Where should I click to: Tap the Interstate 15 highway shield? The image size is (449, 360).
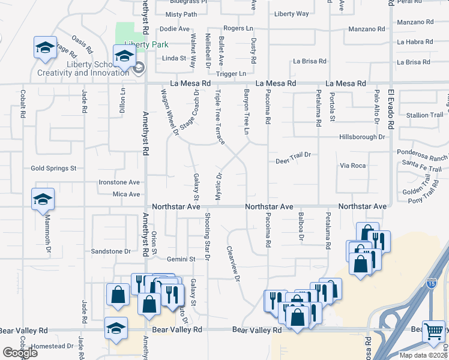pyautogui.click(x=431, y=283)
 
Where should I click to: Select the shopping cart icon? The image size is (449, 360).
pyautogui.click(x=433, y=330)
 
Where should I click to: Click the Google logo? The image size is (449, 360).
pyautogui.click(x=20, y=352)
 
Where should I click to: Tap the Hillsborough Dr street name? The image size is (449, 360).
pyautogui.click(x=361, y=137)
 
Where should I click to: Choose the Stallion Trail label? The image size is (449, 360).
pyautogui.click(x=425, y=115)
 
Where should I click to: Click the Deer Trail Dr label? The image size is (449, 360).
pyautogui.click(x=293, y=161)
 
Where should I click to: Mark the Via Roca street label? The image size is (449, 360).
pyautogui.click(x=352, y=165)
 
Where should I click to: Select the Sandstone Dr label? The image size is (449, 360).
pyautogui.click(x=110, y=251)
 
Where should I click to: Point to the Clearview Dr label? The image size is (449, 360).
pyautogui.click(x=234, y=265)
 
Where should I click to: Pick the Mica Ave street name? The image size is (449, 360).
pyautogui.click(x=126, y=194)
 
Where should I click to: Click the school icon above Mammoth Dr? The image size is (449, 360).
pyautogui.click(x=43, y=199)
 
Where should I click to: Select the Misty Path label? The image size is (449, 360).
pyautogui.click(x=181, y=14)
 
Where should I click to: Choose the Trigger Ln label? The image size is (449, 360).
pyautogui.click(x=231, y=74)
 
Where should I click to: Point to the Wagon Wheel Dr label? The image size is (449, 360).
pyautogui.click(x=169, y=111)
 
